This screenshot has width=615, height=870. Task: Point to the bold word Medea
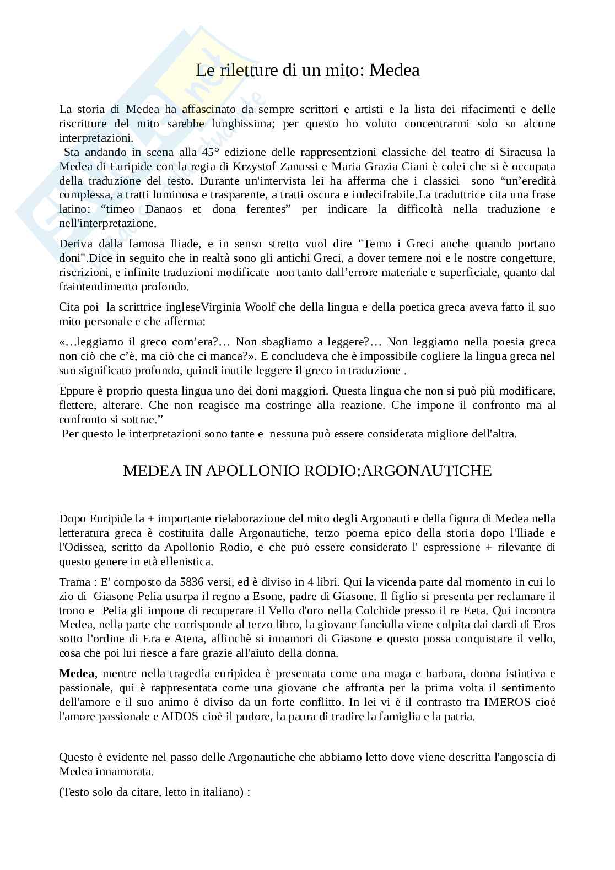click(x=77, y=674)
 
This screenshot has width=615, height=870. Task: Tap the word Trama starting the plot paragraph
click(x=74, y=582)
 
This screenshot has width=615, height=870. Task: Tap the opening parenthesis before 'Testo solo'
click(x=61, y=793)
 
